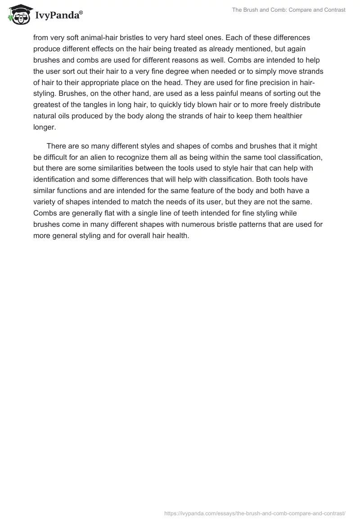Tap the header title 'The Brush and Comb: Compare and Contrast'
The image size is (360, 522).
click(x=288, y=10)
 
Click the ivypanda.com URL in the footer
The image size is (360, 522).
click(x=255, y=513)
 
